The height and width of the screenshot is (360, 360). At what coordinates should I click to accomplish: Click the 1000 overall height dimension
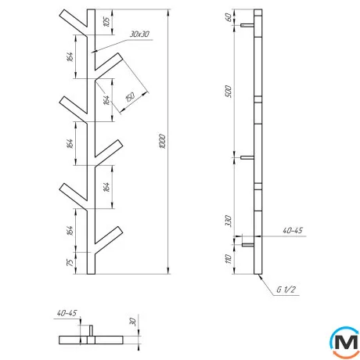[162, 142]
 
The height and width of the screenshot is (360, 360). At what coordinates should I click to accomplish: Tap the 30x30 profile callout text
[139, 34]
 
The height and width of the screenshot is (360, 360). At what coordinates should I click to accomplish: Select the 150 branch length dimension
[130, 97]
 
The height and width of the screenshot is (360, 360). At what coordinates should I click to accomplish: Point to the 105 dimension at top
[106, 22]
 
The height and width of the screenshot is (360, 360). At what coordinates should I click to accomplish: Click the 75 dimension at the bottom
[70, 263]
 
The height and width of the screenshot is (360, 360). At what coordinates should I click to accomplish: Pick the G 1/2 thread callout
[286, 290]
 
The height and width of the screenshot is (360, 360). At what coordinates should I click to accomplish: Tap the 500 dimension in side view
[228, 91]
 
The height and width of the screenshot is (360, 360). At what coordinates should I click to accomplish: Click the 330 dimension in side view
[228, 221]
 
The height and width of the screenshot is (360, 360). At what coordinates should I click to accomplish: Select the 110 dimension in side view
[229, 259]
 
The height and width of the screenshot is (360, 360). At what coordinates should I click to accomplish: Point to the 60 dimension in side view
[229, 17]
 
